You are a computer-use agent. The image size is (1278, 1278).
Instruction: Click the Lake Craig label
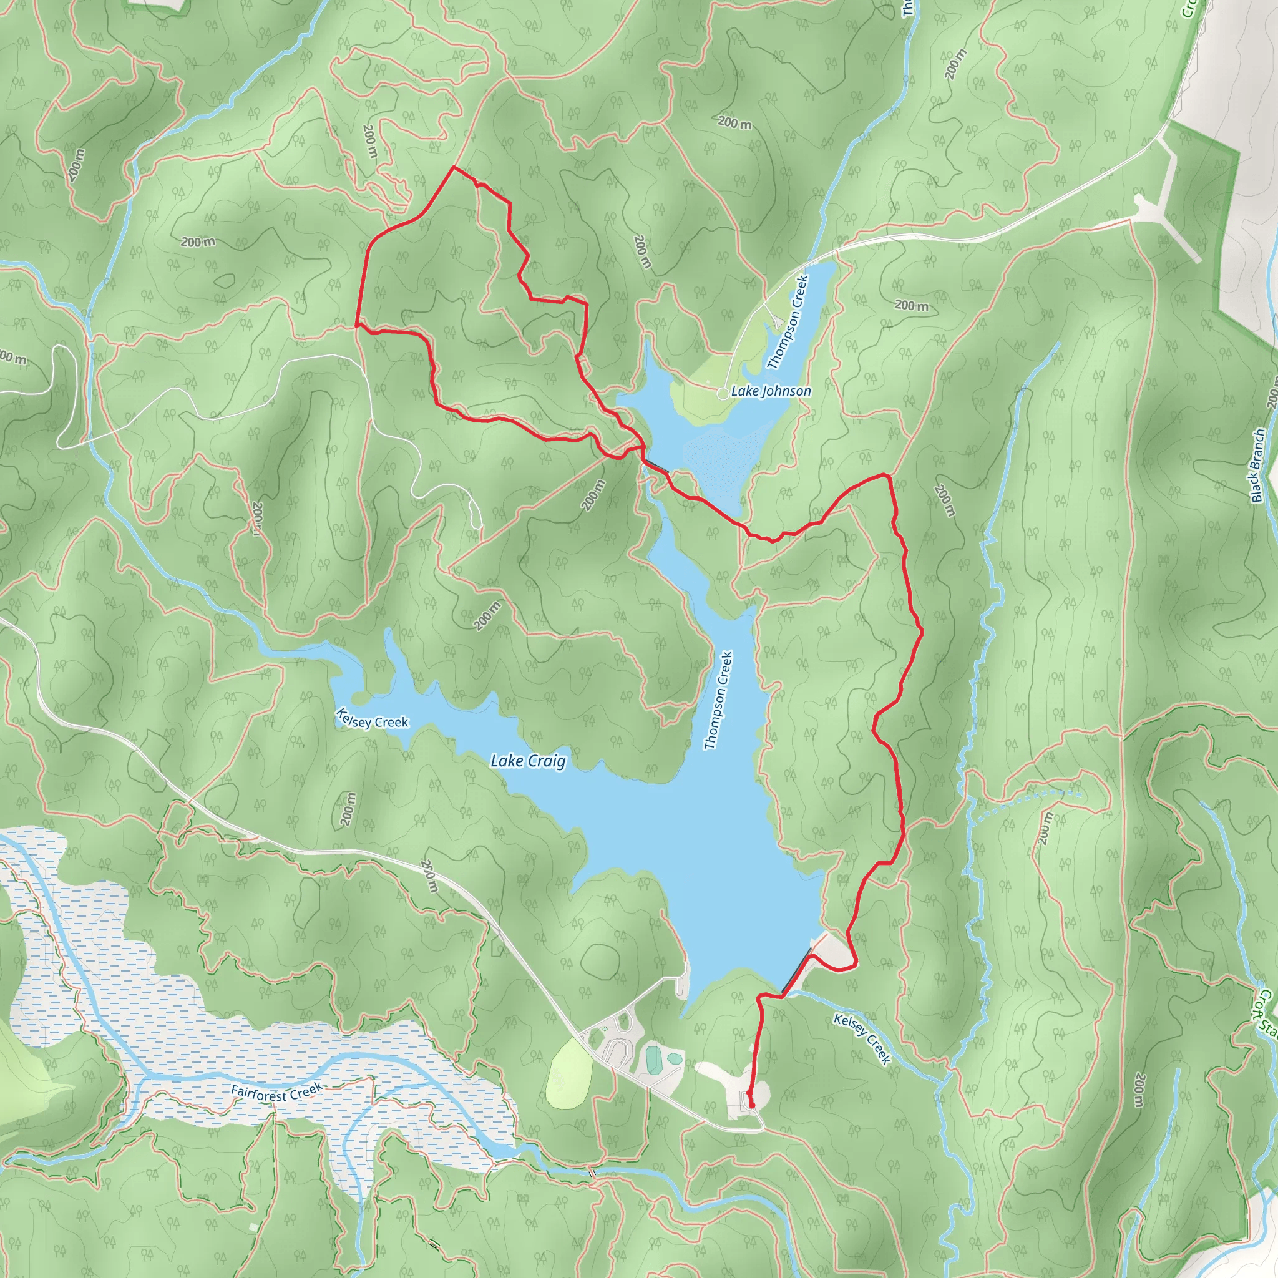click(528, 761)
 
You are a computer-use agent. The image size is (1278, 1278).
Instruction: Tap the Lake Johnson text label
click(771, 391)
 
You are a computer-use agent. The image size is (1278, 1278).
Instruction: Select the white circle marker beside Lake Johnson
click(723, 394)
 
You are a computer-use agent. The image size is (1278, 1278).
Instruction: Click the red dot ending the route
click(751, 1105)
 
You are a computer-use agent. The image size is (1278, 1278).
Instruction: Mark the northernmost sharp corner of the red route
click(453, 167)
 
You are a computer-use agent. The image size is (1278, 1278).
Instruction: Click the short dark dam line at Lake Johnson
click(657, 466)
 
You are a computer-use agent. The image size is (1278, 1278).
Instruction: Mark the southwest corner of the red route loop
click(357, 324)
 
